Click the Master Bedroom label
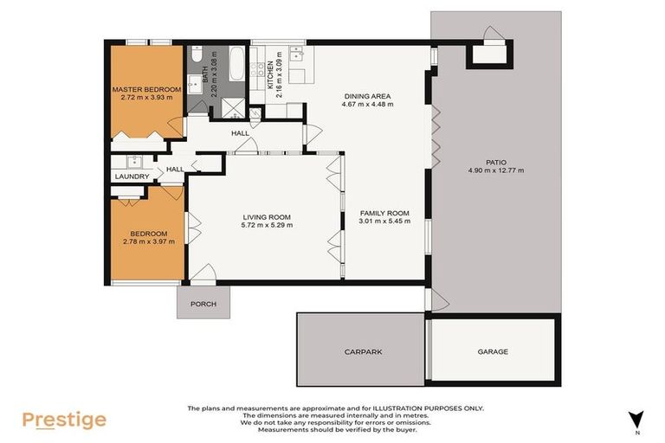pos(146,90)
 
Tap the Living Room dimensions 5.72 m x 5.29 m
pos(267,226)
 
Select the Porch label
pos(203,305)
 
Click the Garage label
pos(493,352)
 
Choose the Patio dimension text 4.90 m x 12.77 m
pos(495,170)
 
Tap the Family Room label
pos(384,213)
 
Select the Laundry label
pos(132,177)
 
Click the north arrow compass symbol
pos(637,419)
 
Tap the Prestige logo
pos(64,421)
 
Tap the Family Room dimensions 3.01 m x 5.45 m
pos(384,221)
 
